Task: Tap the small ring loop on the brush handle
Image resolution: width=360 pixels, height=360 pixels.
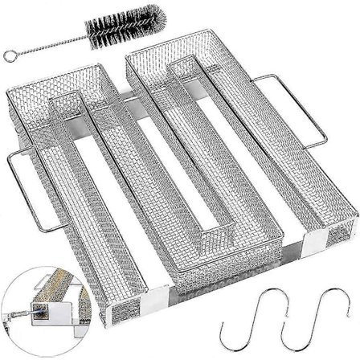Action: (10, 55)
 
